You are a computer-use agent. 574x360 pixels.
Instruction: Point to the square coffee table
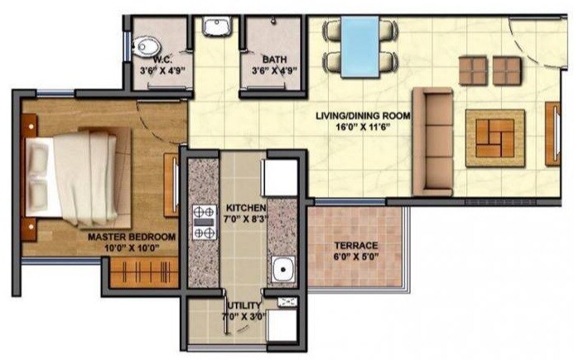pos(494,137)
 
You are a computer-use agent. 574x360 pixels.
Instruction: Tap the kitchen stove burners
pos(204,222)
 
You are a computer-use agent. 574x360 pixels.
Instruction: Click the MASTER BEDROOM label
pos(132,237)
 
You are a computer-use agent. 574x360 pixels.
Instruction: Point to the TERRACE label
pos(356,246)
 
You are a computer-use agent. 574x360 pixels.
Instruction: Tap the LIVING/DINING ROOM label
pos(363,118)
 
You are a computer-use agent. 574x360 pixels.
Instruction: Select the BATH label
pos(274,60)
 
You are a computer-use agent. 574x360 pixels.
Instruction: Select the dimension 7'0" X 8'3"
pos(244,218)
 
